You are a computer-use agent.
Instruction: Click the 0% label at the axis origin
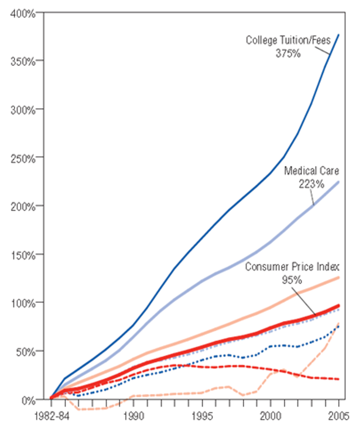(28, 399)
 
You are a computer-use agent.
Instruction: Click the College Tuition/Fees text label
(288, 41)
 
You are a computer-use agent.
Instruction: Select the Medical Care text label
(311, 171)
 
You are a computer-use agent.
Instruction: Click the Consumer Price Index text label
(292, 267)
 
